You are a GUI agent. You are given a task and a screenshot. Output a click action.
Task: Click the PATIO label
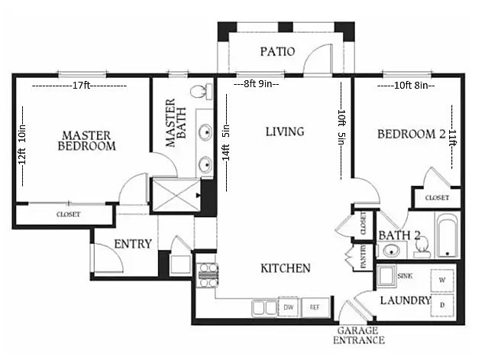pyautogui.click(x=277, y=51)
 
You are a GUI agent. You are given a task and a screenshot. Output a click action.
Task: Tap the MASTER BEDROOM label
pyautogui.click(x=86, y=141)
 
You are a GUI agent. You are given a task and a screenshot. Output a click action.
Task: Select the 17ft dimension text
pyautogui.click(x=81, y=86)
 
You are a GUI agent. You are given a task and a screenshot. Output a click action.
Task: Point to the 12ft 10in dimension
pyautogui.click(x=22, y=144)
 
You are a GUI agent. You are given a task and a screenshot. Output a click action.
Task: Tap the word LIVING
pyautogui.click(x=285, y=131)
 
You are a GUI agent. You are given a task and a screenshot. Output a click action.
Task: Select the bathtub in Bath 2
pyautogui.click(x=447, y=235)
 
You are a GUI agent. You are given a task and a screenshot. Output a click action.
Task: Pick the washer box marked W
pyautogui.click(x=442, y=281)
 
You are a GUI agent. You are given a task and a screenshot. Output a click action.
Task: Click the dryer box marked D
pyautogui.click(x=442, y=305)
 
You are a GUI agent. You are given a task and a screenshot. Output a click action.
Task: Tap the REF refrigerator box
pyautogui.click(x=315, y=307)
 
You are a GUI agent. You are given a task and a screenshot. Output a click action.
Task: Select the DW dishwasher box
pyautogui.click(x=289, y=307)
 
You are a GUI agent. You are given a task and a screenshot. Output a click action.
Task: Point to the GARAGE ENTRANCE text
pyautogui.click(x=358, y=335)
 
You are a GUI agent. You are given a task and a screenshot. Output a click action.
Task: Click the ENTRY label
pyautogui.click(x=133, y=244)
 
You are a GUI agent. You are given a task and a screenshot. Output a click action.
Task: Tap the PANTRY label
pyautogui.click(x=364, y=257)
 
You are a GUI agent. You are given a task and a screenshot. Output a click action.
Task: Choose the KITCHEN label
pyautogui.click(x=286, y=268)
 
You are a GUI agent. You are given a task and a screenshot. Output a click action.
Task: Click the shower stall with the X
pyautogui.click(x=176, y=195)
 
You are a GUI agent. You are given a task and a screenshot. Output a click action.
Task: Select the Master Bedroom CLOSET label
pyautogui.click(x=69, y=214)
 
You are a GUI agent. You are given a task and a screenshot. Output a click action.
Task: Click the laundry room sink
pyautogui.click(x=386, y=276)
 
